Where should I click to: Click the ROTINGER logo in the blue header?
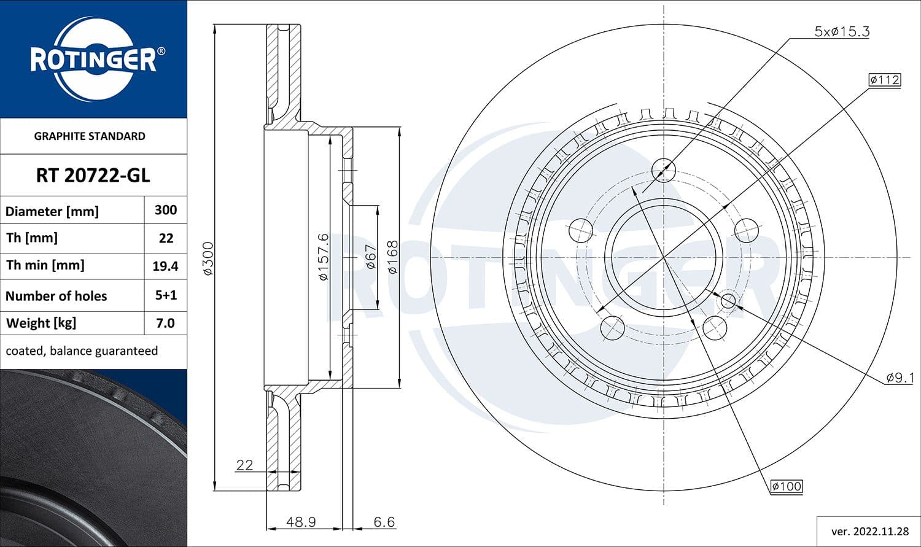coord(93,60)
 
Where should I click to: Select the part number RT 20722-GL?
coord(93,176)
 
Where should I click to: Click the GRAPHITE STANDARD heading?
coord(90,136)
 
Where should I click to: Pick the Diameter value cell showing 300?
coord(166,210)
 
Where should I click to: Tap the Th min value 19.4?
coord(166,266)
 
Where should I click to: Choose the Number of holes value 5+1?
coord(166,295)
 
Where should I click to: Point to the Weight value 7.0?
coord(166,323)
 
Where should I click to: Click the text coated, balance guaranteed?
coord(82,351)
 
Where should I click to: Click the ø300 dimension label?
coord(208,258)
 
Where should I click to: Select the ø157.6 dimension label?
coord(324,257)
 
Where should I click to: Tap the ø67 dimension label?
coord(370,257)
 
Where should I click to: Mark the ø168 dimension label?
coord(392,257)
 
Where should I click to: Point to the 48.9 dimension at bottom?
coord(301,522)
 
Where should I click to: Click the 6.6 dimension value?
coord(384,522)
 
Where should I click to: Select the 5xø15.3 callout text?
coord(841,32)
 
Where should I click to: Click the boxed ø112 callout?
coord(884,80)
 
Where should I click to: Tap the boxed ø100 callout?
coord(787,486)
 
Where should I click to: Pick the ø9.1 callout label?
coord(900,378)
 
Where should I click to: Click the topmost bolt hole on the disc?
coord(663,169)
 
